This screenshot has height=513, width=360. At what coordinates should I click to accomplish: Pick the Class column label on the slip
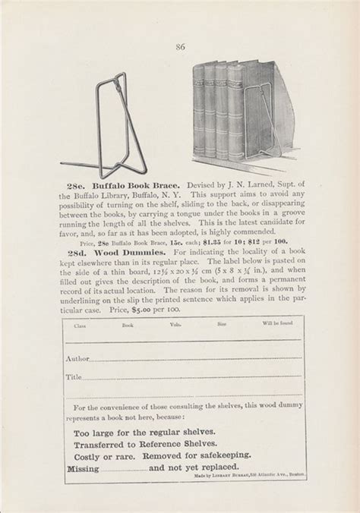pyautogui.click(x=81, y=326)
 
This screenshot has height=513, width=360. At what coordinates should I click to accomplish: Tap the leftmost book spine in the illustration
pyautogui.click(x=201, y=114)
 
